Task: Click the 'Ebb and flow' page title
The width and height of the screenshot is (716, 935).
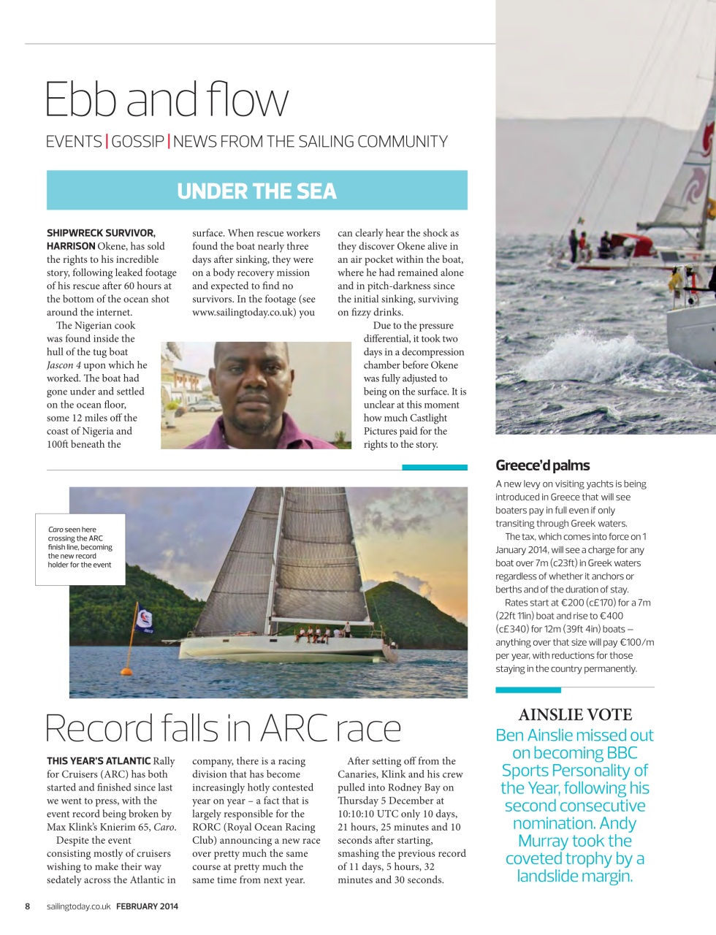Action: (167, 100)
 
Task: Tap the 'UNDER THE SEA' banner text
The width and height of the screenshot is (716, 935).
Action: (256, 191)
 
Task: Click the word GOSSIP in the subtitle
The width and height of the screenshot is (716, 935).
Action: (138, 142)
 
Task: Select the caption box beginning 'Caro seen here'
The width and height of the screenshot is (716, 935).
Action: (80, 547)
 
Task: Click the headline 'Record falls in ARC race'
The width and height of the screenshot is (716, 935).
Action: (223, 728)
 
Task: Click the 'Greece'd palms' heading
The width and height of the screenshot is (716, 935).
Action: (542, 466)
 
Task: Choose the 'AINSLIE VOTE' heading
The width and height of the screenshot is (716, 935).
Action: (575, 715)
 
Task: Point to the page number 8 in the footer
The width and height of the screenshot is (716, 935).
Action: (28, 907)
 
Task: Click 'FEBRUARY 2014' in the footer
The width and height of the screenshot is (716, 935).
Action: (147, 907)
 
